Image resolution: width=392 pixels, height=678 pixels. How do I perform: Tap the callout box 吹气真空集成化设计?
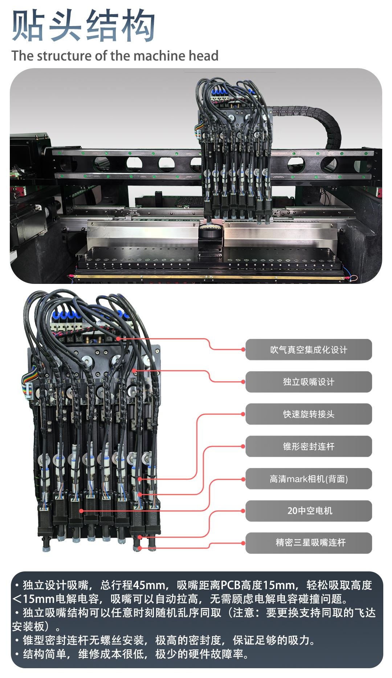point(309,350)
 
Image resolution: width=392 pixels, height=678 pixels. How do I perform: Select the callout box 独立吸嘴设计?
point(309,382)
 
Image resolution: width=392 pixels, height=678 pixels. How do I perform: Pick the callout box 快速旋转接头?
point(309,414)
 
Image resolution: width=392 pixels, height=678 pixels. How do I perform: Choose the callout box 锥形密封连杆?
point(309,446)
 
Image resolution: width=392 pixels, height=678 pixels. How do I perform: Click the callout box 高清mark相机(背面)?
point(309,479)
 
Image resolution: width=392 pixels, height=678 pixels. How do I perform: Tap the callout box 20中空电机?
point(309,511)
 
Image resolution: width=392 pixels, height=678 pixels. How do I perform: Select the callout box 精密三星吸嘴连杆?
point(309,543)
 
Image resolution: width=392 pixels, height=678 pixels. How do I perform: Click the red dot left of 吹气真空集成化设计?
point(243,350)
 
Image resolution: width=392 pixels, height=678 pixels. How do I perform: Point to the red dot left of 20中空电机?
point(243,511)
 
